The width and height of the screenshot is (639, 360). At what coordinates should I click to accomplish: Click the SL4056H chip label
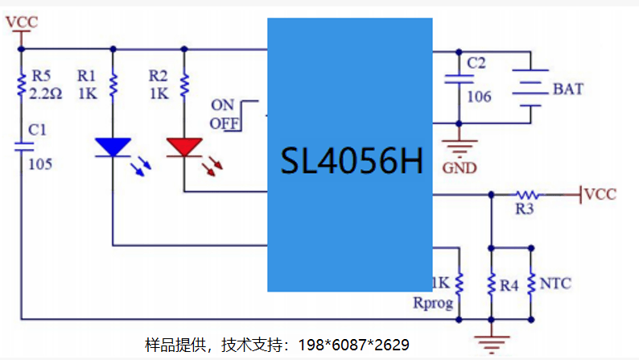(x=352, y=160)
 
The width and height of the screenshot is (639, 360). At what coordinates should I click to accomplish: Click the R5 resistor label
(x=41, y=76)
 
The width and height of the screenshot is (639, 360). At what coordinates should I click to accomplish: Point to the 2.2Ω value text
(x=46, y=94)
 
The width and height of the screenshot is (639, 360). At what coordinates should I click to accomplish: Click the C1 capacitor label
(x=37, y=130)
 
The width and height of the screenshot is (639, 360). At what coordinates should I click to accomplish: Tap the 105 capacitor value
(x=40, y=164)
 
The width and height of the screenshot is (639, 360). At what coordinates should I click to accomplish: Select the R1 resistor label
(x=86, y=76)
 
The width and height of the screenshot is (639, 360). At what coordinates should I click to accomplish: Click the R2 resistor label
(x=158, y=76)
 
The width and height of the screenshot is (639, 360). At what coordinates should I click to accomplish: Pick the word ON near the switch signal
(x=222, y=106)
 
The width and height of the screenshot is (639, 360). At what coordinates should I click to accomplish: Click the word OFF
(x=225, y=123)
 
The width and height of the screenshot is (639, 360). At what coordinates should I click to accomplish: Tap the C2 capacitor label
(x=476, y=63)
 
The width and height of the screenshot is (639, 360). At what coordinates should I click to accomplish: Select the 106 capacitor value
(x=479, y=97)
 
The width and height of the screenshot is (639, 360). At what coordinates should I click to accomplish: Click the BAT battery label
(x=568, y=89)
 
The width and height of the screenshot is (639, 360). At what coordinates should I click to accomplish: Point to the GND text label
(x=460, y=168)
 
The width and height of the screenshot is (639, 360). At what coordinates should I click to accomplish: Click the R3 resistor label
(x=525, y=209)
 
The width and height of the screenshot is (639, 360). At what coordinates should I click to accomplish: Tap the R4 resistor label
(x=509, y=286)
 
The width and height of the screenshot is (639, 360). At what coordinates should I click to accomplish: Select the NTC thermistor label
(x=555, y=283)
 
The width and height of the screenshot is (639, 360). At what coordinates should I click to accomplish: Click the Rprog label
(x=433, y=304)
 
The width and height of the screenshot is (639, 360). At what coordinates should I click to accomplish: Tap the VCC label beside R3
(x=600, y=194)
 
